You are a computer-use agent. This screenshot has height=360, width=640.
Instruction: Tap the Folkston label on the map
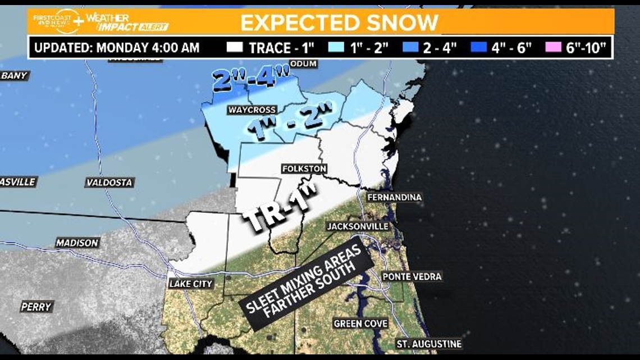[x=304, y=168]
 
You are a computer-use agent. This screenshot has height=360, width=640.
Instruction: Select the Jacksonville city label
[x=358, y=226]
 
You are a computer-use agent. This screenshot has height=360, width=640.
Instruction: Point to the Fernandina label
[x=394, y=197]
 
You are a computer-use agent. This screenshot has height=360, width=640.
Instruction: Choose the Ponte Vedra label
[x=412, y=276]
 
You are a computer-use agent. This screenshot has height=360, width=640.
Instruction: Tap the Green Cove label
[x=360, y=323]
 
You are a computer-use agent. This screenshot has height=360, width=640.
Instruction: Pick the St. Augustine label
[x=429, y=344]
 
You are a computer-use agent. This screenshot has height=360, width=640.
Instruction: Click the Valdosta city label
[x=109, y=182]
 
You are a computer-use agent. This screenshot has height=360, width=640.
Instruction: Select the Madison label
[x=77, y=243]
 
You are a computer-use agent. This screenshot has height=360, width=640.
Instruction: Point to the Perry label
[x=36, y=307]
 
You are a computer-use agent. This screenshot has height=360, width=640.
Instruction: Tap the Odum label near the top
[x=304, y=63]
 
